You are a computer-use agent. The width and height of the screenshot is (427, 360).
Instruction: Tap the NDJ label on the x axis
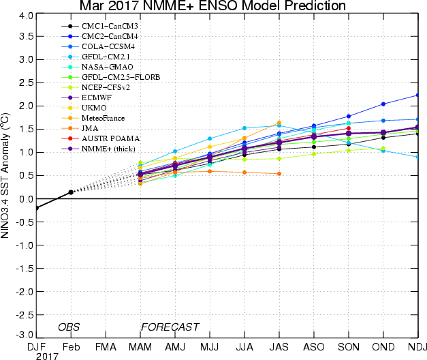(418, 346)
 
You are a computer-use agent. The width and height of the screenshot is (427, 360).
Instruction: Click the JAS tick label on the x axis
(279, 346)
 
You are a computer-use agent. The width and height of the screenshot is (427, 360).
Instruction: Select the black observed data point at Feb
(71, 192)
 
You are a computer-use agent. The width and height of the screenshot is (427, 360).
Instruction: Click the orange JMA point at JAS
(279, 173)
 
